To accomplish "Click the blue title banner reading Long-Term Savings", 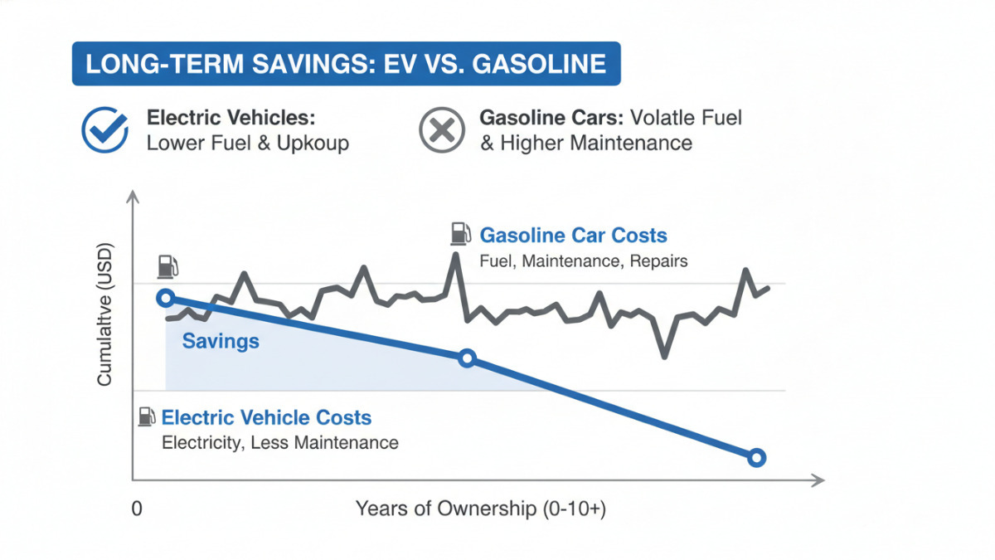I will tap(346, 65).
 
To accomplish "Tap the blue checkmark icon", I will tap(104, 130).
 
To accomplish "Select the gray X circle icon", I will tap(442, 130).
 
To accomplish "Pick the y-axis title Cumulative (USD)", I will tap(104, 315).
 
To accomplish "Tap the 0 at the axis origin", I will tap(137, 509).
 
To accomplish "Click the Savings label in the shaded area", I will tap(221, 341).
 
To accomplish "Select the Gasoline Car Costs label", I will tap(573, 236).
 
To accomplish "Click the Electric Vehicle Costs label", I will tap(266, 417).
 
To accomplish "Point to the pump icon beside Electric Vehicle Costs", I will tap(147, 416).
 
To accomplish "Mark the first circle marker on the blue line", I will tap(166, 298).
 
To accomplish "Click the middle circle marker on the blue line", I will tap(467, 358).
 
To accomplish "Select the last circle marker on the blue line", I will tap(755, 457).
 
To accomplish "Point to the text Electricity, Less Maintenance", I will tap(279, 442).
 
